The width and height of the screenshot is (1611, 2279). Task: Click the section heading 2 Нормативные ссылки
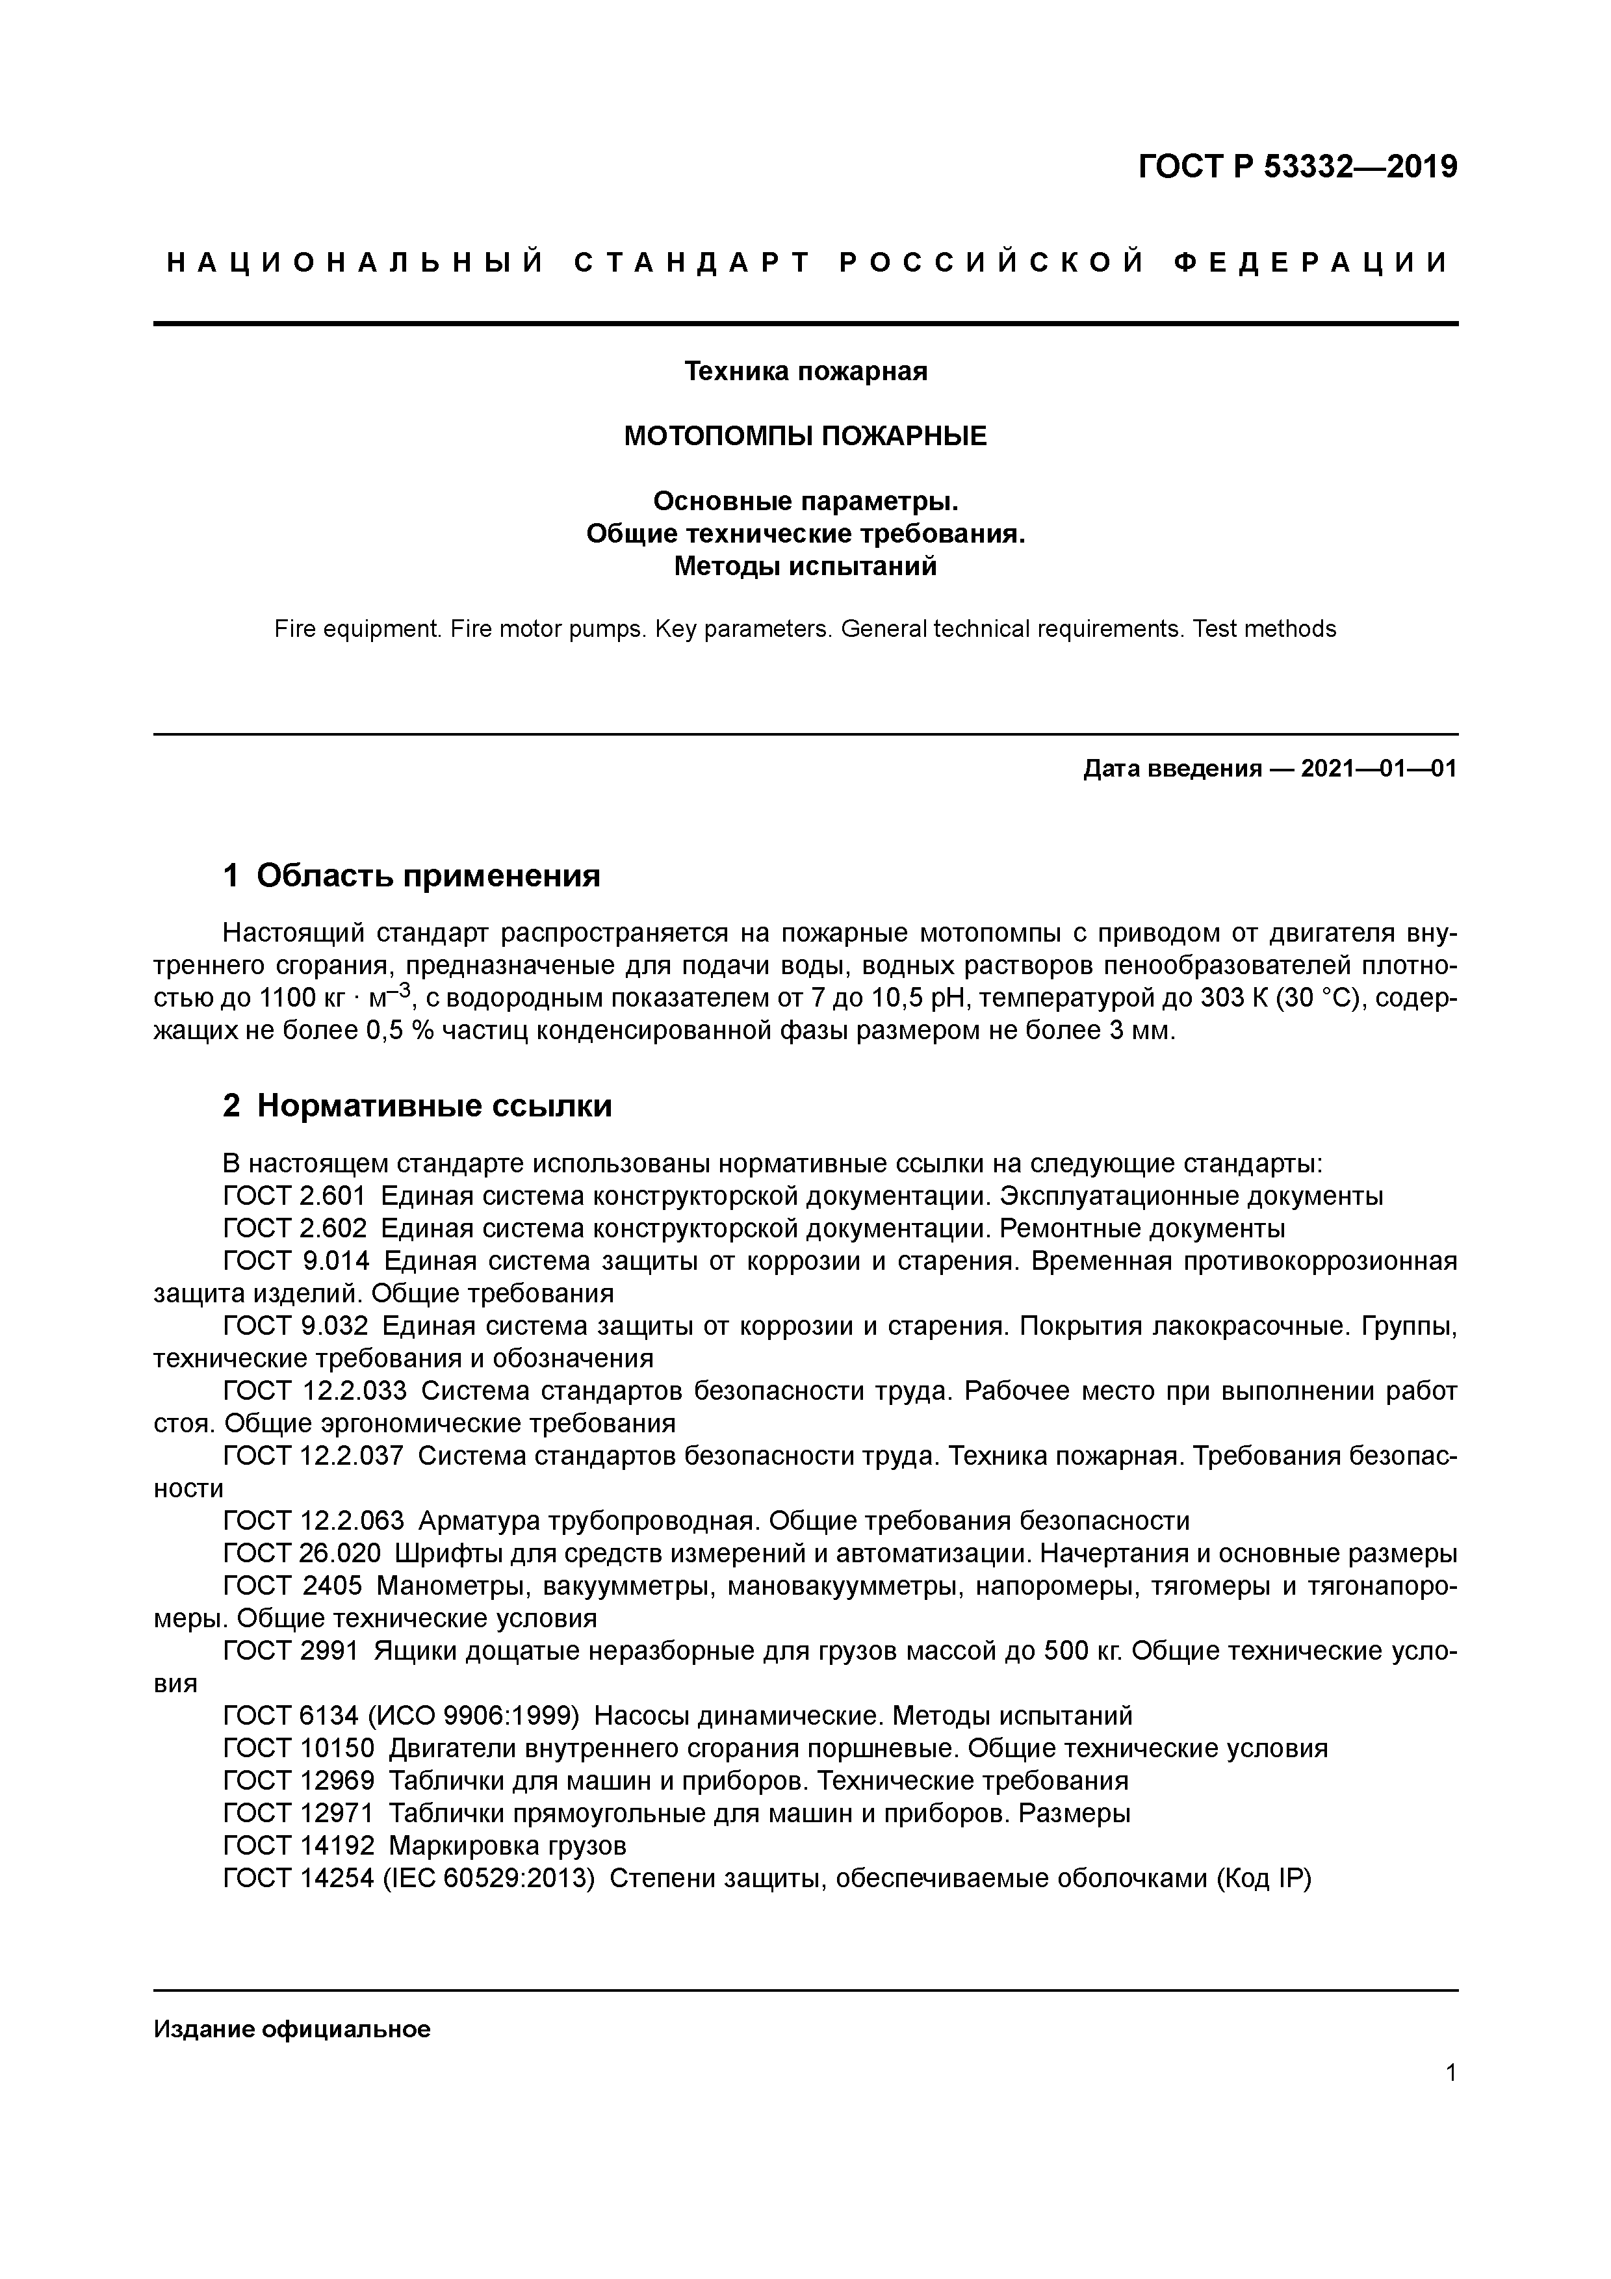pyautogui.click(x=417, y=1106)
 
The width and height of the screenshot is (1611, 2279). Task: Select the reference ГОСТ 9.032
pyautogui.click(x=296, y=1326)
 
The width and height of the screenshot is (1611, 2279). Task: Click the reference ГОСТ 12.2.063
pyautogui.click(x=314, y=1521)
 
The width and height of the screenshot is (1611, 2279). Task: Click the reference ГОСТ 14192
pyautogui.click(x=299, y=1846)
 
